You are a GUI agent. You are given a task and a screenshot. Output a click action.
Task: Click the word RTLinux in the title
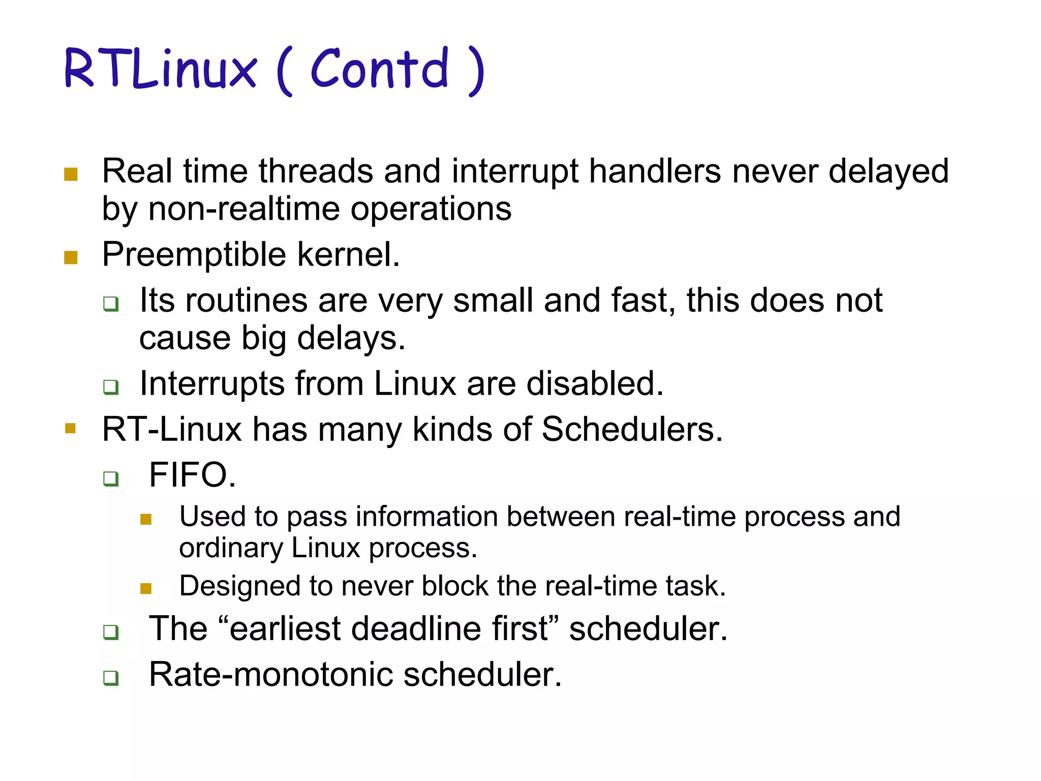click(x=161, y=69)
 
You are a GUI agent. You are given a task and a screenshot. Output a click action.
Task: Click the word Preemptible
click(x=194, y=254)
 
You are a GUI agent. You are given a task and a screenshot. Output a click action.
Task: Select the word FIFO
click(x=192, y=475)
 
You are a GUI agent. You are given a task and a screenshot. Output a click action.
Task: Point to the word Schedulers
click(x=631, y=429)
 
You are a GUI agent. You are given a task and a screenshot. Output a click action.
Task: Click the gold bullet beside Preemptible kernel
click(x=71, y=257)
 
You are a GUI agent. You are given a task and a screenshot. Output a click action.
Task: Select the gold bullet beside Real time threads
click(x=71, y=174)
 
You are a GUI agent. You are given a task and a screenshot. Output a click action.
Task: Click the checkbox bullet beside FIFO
click(x=111, y=478)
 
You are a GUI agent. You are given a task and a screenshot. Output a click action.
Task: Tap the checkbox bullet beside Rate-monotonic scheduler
click(x=111, y=678)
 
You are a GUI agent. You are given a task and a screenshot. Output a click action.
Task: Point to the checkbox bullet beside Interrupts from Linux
click(x=111, y=387)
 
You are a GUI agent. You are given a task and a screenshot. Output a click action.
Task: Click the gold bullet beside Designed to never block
click(x=146, y=589)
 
